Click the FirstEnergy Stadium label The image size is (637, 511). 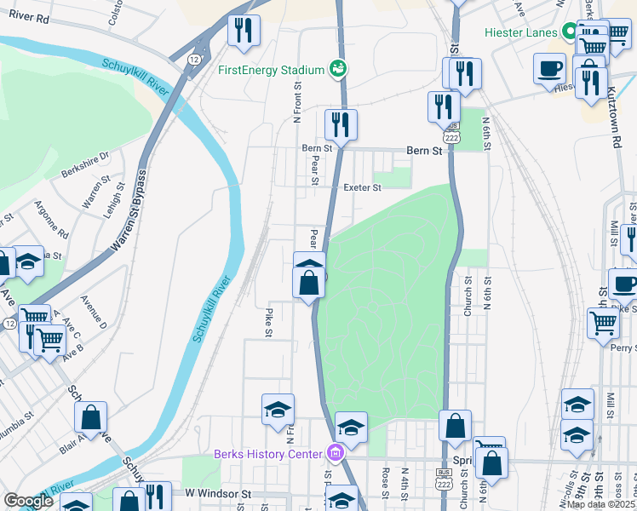pos(273,70)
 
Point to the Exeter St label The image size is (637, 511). pos(364,187)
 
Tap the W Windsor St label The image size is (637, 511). pos(219,493)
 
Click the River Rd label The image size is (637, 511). pos(31,17)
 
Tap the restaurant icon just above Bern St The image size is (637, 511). pos(341,124)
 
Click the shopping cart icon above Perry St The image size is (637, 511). pos(603,322)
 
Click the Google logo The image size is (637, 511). pos(28,501)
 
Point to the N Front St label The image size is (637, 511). pos(298,103)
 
